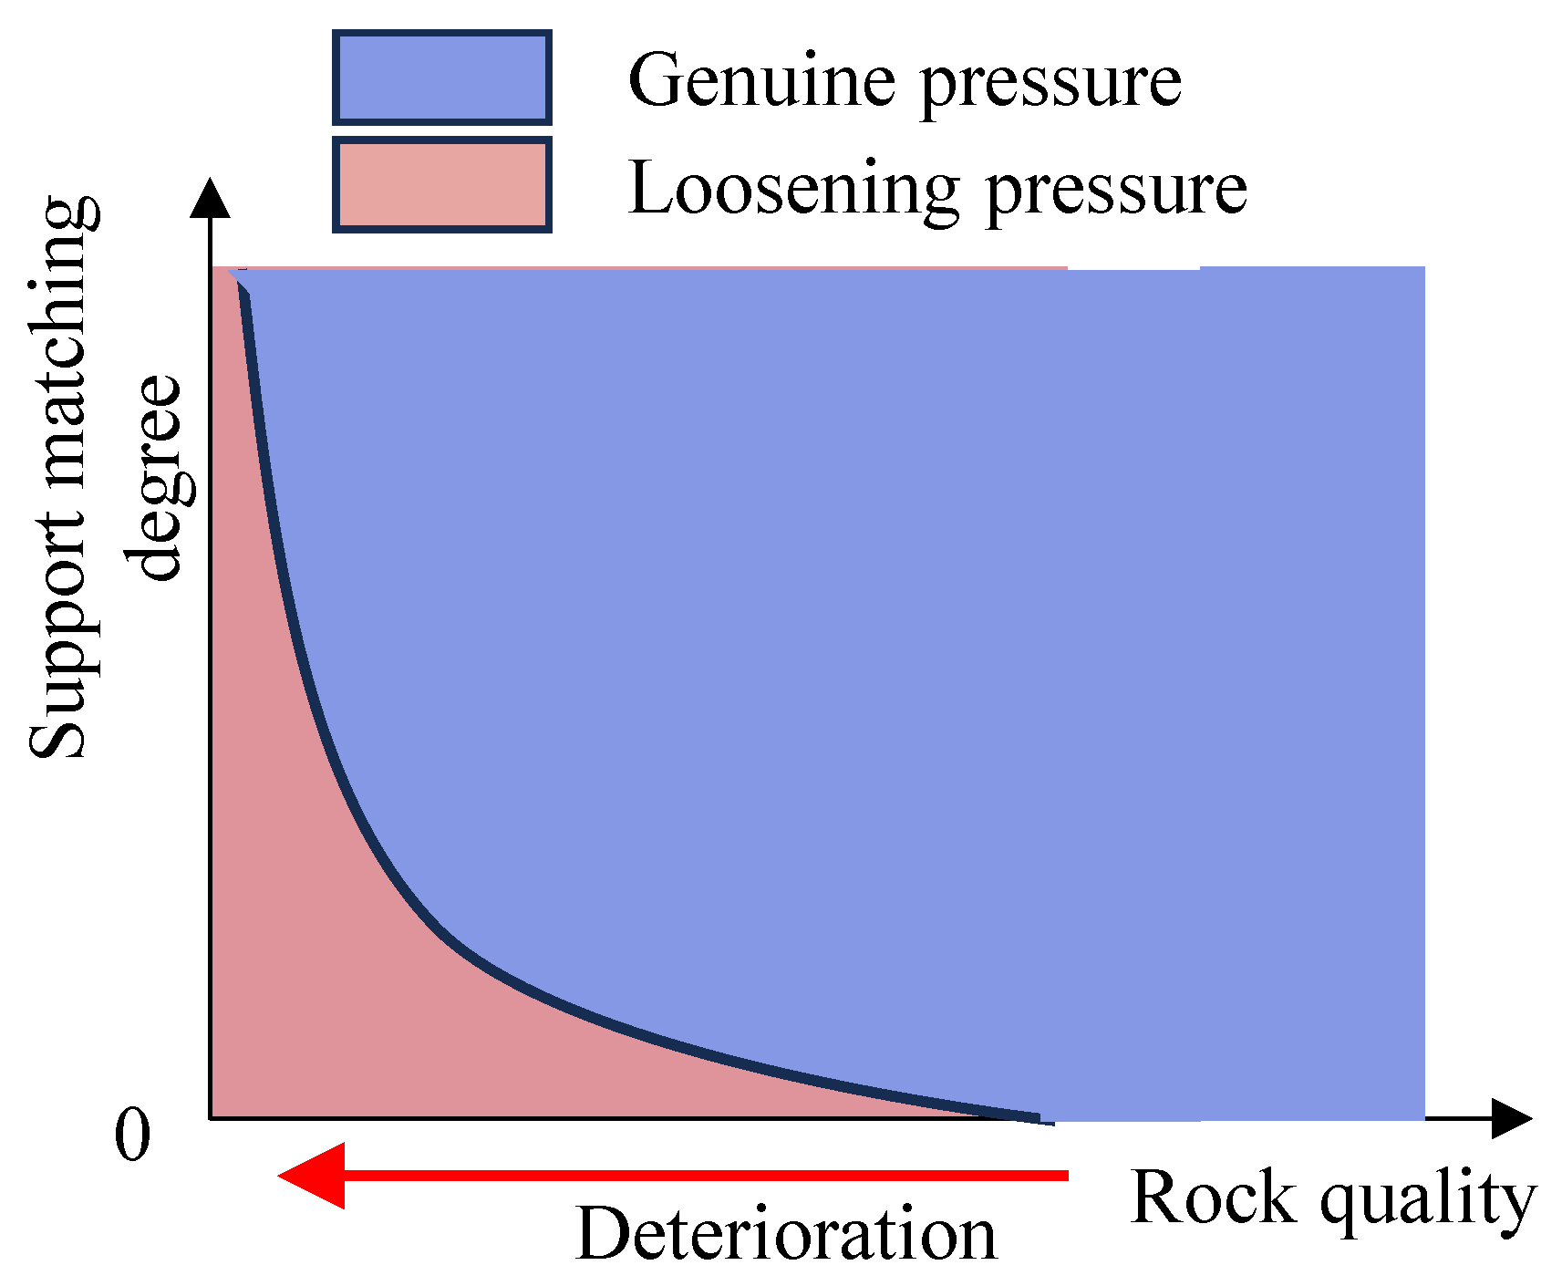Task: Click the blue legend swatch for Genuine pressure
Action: click(441, 78)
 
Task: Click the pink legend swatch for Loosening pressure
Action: click(441, 185)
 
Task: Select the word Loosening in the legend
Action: click(793, 190)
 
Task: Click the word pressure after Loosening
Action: click(1117, 193)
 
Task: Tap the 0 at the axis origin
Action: click(132, 1136)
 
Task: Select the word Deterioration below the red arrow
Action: click(786, 1235)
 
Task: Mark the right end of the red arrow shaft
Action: click(1065, 1176)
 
